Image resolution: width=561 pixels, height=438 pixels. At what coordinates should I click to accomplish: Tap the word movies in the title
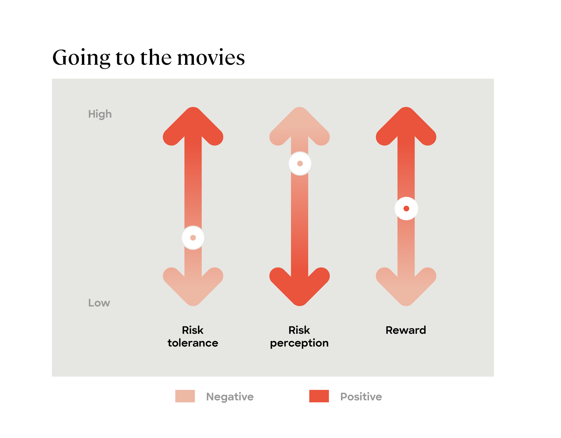coord(211,57)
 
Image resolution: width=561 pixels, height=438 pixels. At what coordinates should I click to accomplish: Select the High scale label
coord(100,114)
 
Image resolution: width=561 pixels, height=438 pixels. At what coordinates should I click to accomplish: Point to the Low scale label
coord(99,303)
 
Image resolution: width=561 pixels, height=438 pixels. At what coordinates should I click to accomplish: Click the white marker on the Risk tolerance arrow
coord(193,238)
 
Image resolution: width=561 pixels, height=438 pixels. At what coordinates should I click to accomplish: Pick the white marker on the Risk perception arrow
coord(300,163)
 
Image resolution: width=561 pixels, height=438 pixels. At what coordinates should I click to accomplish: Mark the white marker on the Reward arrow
coord(406,208)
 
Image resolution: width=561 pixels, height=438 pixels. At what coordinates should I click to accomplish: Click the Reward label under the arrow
coord(406,330)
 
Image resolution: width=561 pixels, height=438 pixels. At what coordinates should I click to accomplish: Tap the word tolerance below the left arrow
coord(193,343)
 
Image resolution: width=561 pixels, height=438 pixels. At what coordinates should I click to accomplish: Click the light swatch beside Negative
coord(185,396)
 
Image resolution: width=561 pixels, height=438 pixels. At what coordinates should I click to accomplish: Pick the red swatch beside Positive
coord(319,396)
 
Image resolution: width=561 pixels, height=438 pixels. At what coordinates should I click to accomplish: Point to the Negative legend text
coord(230,397)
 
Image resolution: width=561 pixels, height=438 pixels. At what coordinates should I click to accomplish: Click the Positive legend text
coord(361,397)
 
